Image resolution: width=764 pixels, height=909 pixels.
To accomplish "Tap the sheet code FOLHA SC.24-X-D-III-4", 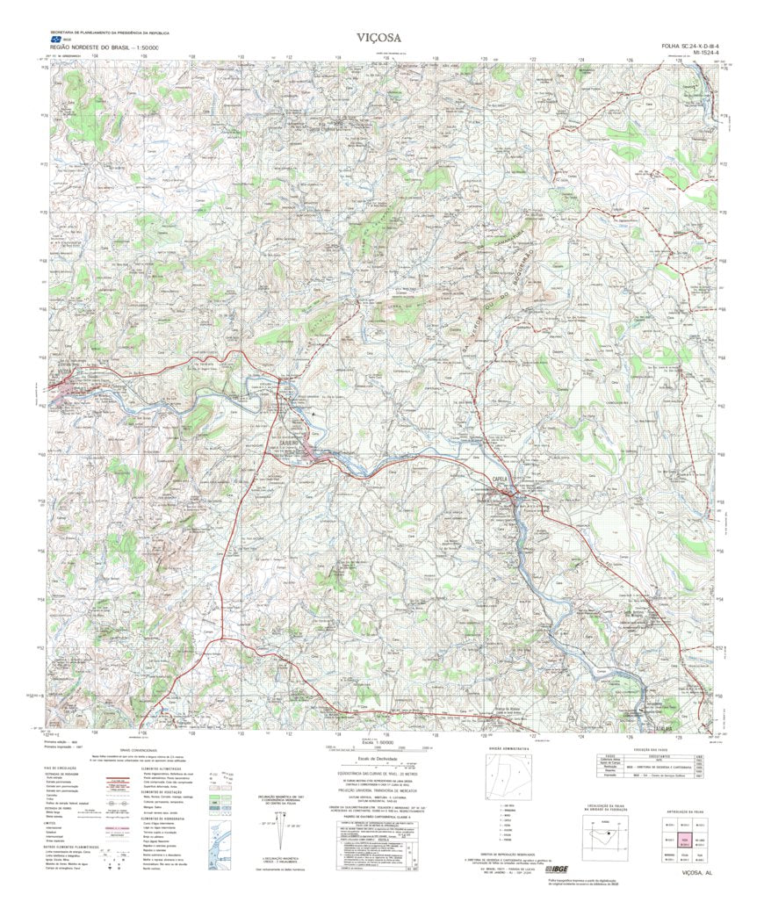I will tap(690, 46).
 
